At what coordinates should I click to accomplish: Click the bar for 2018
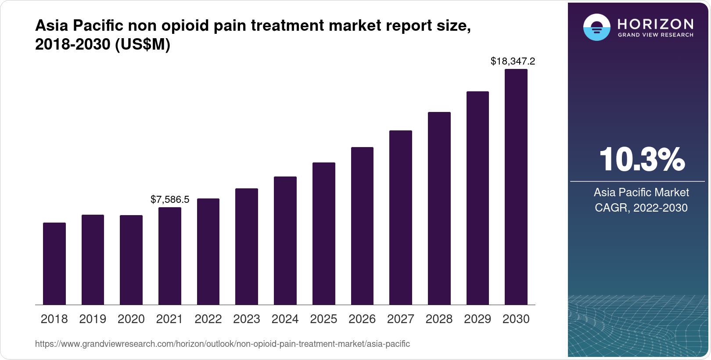tap(54, 263)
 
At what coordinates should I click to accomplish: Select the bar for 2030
tap(516, 187)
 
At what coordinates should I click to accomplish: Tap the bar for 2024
tap(285, 241)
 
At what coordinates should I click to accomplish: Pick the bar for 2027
tap(401, 217)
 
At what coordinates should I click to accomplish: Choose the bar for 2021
tap(170, 256)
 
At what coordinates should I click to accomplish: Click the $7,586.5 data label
tap(170, 199)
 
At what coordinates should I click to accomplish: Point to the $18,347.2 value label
tap(513, 61)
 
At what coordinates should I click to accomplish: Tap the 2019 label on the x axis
tap(93, 319)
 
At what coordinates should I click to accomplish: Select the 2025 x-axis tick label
tap(323, 319)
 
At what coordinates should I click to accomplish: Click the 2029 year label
tap(478, 319)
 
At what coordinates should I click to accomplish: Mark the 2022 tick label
tap(208, 319)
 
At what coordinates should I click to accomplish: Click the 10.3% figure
tap(641, 160)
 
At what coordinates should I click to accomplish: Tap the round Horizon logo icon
tap(596, 27)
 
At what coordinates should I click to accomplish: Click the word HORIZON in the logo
tap(656, 24)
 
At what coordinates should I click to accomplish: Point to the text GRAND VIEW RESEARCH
tap(656, 35)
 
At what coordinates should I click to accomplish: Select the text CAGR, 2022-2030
tap(641, 208)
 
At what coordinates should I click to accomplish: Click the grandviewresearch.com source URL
tap(223, 344)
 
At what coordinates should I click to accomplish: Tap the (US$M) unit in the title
tap(143, 44)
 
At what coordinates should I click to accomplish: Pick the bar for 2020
tap(131, 260)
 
